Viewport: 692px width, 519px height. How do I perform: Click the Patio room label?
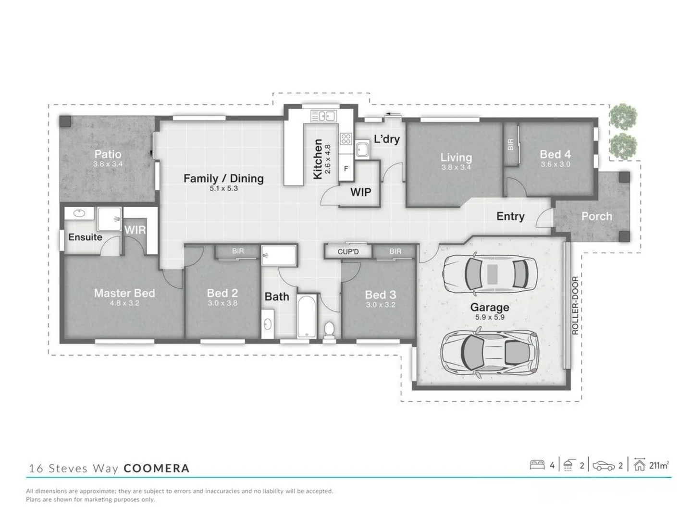pos(108,154)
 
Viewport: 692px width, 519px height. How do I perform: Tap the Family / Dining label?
pos(223,178)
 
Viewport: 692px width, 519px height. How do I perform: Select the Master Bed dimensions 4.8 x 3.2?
pos(124,303)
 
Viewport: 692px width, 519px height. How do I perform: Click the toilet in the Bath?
pos(329,330)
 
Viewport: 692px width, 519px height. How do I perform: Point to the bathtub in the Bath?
pos(306,316)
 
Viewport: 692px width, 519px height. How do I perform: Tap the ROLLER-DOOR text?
pos(575,306)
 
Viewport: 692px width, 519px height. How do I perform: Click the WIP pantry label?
pos(360,192)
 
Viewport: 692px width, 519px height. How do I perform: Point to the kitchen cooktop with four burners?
pos(346,139)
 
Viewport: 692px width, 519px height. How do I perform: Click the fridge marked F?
pos(346,169)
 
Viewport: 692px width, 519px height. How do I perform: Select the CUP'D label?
pos(348,251)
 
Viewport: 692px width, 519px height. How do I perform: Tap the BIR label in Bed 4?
pos(510,144)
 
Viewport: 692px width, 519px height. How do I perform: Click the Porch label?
pos(596,216)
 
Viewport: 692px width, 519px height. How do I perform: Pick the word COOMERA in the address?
pos(157,468)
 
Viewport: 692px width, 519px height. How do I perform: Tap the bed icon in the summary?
pos(537,465)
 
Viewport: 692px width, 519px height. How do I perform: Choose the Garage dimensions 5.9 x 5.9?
pos(489,317)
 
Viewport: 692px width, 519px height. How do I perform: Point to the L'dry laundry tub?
pos(362,150)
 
